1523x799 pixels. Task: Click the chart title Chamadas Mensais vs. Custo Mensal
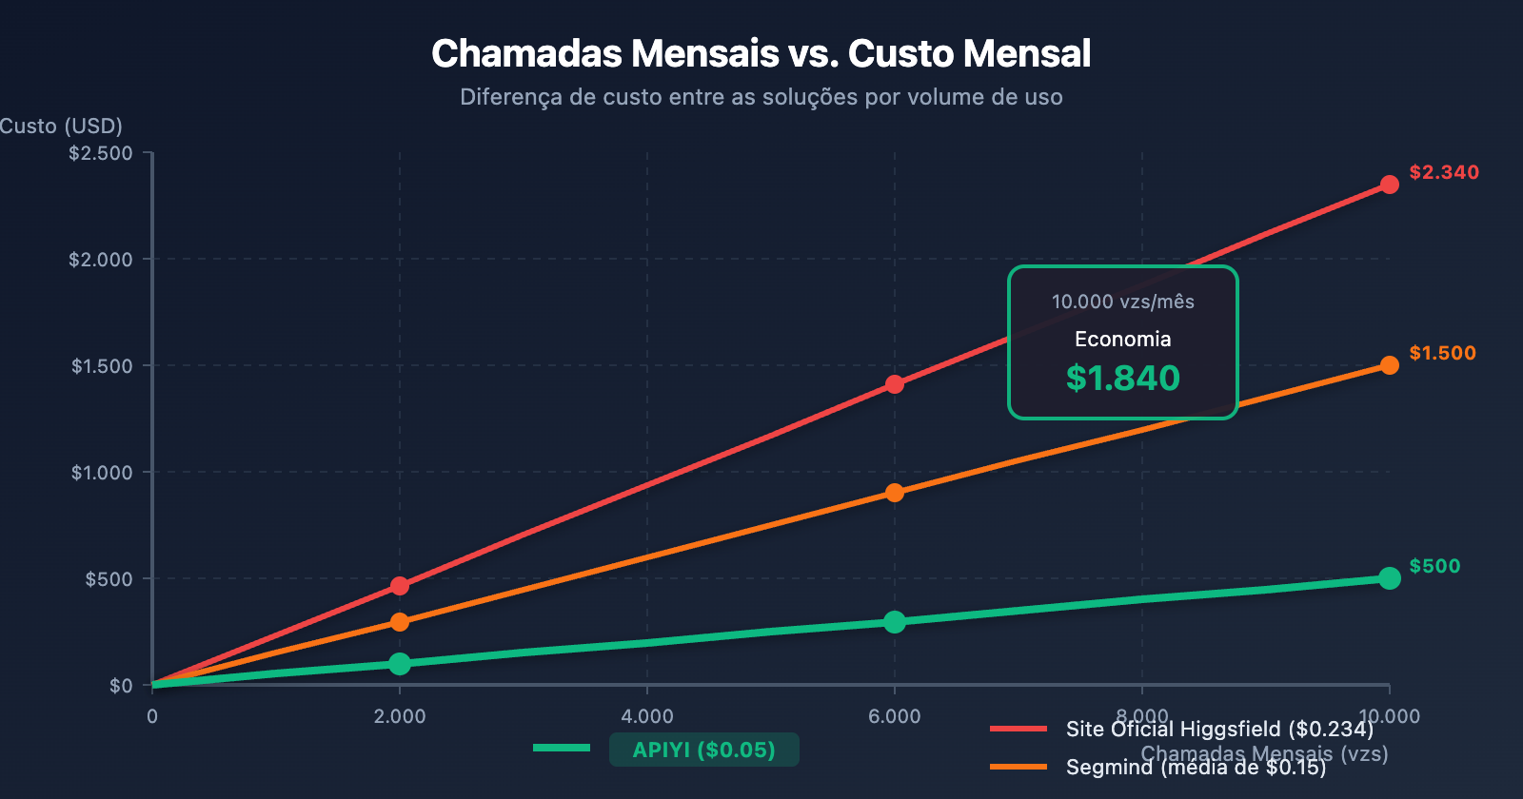[x=761, y=54]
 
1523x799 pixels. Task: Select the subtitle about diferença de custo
[x=761, y=97]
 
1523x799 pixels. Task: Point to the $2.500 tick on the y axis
[x=100, y=153]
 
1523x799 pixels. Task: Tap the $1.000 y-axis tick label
[x=102, y=473]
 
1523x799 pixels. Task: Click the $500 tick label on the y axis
[x=109, y=579]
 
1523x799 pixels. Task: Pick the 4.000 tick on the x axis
[x=647, y=716]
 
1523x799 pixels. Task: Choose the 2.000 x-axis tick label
[x=400, y=716]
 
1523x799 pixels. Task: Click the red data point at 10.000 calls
[x=1390, y=185]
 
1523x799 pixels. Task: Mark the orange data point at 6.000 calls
[x=895, y=493]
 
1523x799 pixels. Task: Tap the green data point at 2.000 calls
[x=400, y=664]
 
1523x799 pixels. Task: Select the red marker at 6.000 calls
[x=895, y=384]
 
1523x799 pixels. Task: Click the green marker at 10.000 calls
[x=1390, y=578]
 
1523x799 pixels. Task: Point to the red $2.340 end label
[x=1444, y=172]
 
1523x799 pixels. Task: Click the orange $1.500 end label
[x=1442, y=353]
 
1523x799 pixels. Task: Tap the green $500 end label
[x=1434, y=566]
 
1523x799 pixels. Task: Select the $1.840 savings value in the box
[x=1123, y=379]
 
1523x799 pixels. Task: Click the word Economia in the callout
[x=1123, y=340]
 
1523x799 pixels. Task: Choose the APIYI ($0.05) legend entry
[x=703, y=750]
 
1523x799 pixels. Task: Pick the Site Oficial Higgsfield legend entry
[x=1219, y=730]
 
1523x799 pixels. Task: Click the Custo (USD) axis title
[x=61, y=127]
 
